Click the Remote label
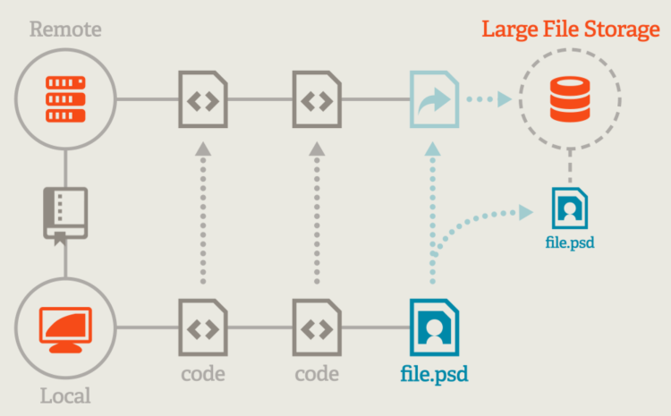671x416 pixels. (x=65, y=30)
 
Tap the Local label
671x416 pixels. (x=65, y=395)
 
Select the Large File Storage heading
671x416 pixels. (x=571, y=29)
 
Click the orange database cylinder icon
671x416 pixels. (x=569, y=98)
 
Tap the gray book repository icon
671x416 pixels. (x=65, y=213)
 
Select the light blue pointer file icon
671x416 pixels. (x=434, y=98)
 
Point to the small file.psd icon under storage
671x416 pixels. (x=569, y=208)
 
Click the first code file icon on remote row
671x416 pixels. (x=203, y=98)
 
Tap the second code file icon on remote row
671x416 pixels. (x=318, y=98)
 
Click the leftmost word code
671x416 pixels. (x=203, y=373)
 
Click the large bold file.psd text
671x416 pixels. (x=434, y=373)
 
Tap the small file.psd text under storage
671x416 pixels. (x=569, y=242)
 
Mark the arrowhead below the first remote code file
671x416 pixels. (x=203, y=148)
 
